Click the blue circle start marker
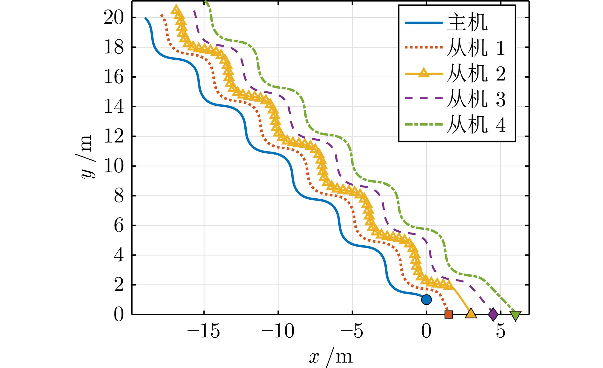[426, 300]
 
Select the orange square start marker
[449, 314]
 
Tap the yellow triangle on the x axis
[471, 313]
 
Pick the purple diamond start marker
[493, 314]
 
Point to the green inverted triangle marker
[516, 315]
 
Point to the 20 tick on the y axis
[114, 18]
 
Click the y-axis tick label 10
[114, 166]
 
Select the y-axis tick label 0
[119, 314]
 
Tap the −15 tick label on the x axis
[204, 331]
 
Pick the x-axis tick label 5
[501, 331]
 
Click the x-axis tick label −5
[352, 331]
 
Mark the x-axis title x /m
[331, 356]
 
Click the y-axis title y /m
[86, 157]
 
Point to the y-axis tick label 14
[114, 107]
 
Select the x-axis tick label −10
[278, 331]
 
